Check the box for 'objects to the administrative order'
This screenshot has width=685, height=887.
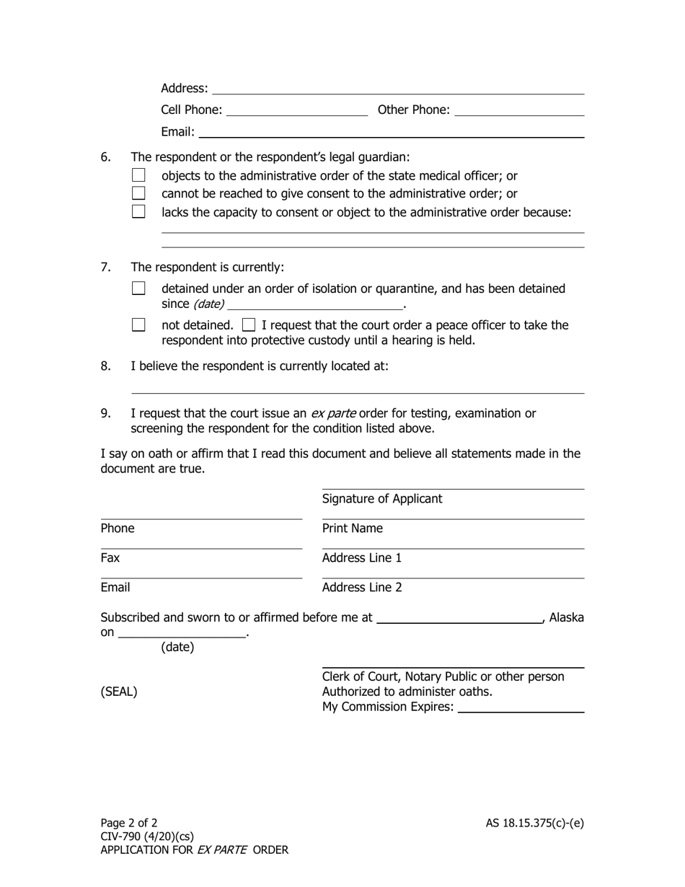point(139,175)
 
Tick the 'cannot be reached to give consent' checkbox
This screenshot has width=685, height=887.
point(139,193)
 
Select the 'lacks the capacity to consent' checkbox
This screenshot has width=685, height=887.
point(139,212)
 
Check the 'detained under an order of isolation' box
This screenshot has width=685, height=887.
point(139,288)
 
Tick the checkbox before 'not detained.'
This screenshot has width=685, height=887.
point(139,325)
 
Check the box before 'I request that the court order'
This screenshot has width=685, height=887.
point(249,325)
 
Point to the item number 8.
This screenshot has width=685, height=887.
point(106,366)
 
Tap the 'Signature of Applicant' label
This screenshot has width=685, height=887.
point(382,499)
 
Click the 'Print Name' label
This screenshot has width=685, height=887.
point(352,529)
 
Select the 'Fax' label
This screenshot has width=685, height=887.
point(110,558)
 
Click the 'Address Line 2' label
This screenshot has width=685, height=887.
point(362,588)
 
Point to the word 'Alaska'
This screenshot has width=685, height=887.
point(567,617)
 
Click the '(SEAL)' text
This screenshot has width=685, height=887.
point(119,692)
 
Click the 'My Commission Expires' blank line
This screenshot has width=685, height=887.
point(521,708)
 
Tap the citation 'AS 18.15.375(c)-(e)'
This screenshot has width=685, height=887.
point(534,823)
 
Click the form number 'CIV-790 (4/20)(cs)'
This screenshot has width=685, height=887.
point(147,837)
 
